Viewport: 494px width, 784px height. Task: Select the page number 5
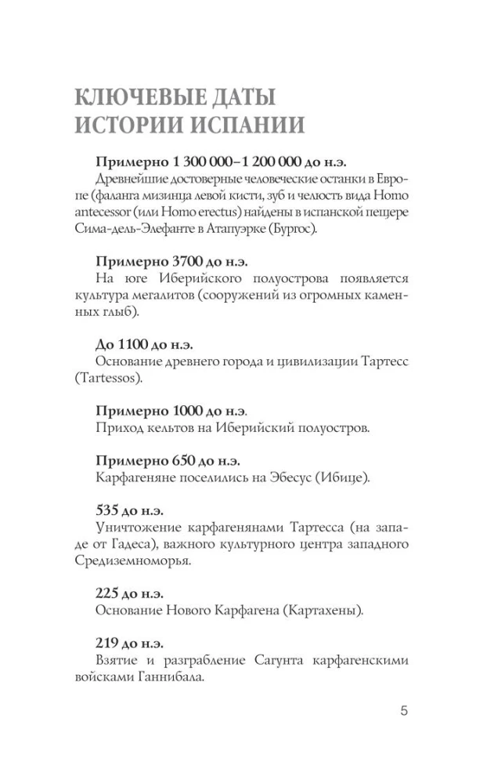404,711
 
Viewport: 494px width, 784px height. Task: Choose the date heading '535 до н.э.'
129,510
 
